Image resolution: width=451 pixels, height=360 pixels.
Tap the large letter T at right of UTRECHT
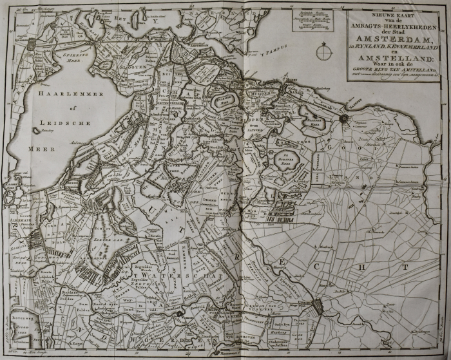pyautogui.click(x=404, y=265)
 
